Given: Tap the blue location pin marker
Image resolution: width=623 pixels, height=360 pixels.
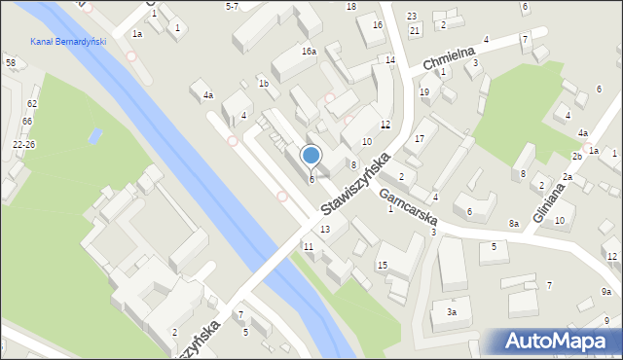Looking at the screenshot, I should pos(311,156).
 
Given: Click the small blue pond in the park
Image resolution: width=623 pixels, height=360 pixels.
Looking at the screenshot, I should pos(94,135).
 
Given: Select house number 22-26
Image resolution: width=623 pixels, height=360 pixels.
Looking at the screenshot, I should pos(24,144).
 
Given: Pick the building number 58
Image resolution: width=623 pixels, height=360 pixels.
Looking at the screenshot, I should pos(10,63).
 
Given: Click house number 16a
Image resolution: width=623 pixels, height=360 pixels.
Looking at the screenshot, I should pos(309,51).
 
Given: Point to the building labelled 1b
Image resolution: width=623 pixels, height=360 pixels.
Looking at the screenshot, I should pos(263,84).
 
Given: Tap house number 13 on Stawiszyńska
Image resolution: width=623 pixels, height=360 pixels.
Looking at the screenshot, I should pos(325,229).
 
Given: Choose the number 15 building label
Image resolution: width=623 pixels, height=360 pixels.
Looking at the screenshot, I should pos(383,266).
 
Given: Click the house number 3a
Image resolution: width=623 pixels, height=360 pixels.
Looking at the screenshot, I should pos(452,312).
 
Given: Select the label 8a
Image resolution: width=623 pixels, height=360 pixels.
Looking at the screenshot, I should pos(513,224).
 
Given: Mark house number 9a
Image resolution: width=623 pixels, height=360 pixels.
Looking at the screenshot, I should pos(605,292).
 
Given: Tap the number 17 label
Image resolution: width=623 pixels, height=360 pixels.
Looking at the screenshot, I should pos(419,139).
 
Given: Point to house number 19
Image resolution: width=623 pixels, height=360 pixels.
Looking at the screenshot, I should pos(423,91).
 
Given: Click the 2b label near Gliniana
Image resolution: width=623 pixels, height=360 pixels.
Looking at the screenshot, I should pos(576,157).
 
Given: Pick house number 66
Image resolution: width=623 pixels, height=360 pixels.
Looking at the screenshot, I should pos(27,121).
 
